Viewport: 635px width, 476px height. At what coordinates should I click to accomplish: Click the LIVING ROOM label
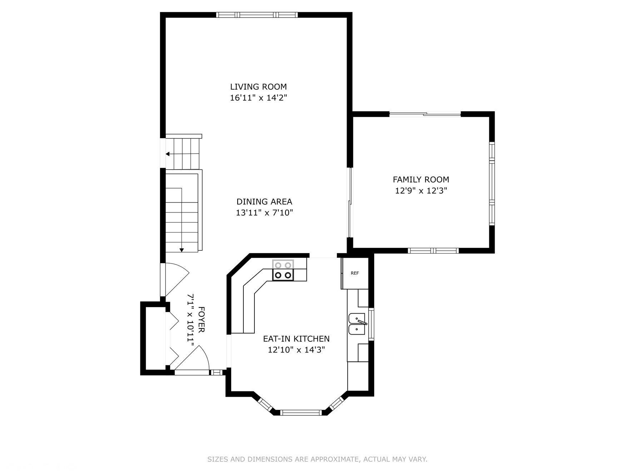pyautogui.click(x=258, y=87)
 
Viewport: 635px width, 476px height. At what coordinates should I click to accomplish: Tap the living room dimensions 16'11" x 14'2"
pyautogui.click(x=258, y=98)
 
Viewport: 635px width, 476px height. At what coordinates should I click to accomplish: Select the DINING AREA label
pyautogui.click(x=264, y=202)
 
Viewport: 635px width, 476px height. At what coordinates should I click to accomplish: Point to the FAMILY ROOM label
pyautogui.click(x=421, y=180)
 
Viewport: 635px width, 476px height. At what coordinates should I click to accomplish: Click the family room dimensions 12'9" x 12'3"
pyautogui.click(x=421, y=191)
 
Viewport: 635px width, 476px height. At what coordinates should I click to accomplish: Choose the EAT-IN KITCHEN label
pyautogui.click(x=296, y=339)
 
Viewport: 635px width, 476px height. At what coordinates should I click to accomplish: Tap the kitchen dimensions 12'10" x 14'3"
pyautogui.click(x=296, y=350)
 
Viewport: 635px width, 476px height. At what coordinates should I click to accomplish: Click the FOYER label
pyautogui.click(x=201, y=319)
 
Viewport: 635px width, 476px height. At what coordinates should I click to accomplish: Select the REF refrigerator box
pyautogui.click(x=354, y=273)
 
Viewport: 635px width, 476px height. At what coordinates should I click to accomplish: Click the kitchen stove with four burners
pyautogui.click(x=283, y=270)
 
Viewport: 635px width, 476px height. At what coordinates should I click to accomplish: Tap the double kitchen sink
pyautogui.click(x=357, y=324)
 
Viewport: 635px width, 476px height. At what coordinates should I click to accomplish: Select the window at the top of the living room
pyautogui.click(x=257, y=15)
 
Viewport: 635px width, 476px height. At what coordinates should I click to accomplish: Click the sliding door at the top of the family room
pyautogui.click(x=425, y=114)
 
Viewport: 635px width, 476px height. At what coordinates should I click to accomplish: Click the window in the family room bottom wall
pyautogui.click(x=433, y=251)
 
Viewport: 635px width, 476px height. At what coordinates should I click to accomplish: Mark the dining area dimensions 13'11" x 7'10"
pyautogui.click(x=264, y=213)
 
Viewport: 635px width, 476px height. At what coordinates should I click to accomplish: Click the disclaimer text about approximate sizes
pyautogui.click(x=317, y=459)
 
